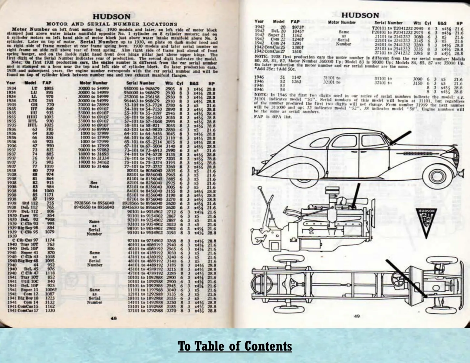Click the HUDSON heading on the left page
(x=111, y=17)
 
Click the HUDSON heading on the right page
(x=360, y=15)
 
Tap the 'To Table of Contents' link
(x=235, y=346)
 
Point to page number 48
(x=114, y=318)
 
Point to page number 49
(x=357, y=316)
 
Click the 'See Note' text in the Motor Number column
(x=94, y=185)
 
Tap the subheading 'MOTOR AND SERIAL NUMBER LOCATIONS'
(x=111, y=24)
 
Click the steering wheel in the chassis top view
(x=397, y=276)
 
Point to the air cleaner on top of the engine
(x=333, y=193)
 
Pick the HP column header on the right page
(x=459, y=23)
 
